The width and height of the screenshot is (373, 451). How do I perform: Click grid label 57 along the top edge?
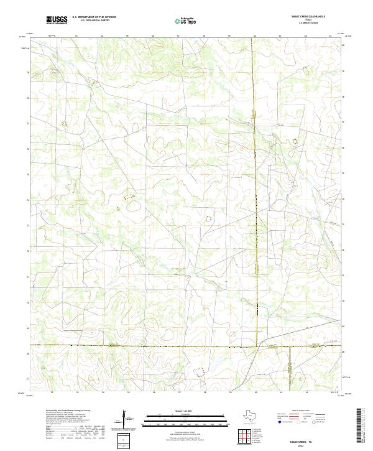178,36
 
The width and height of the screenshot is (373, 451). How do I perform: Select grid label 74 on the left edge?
27,200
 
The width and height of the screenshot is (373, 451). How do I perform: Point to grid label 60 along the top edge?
255,36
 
